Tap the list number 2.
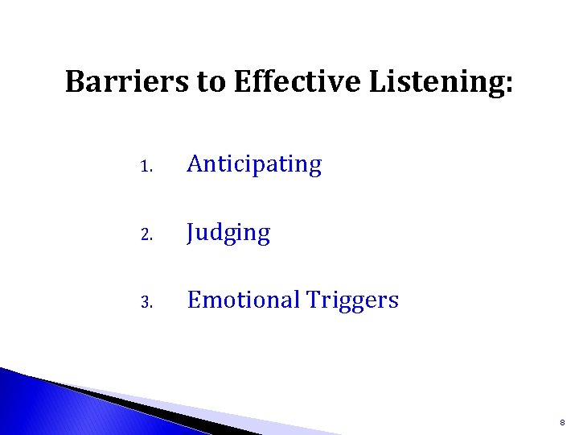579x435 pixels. tap(145, 235)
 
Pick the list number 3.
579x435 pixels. tap(145, 303)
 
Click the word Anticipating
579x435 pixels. tap(254, 165)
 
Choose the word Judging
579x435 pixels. tap(228, 234)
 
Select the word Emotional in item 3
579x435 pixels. tap(243, 300)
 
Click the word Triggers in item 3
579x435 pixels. tap(352, 301)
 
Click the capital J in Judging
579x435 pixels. tap(191, 233)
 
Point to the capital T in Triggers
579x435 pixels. tap(313, 300)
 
